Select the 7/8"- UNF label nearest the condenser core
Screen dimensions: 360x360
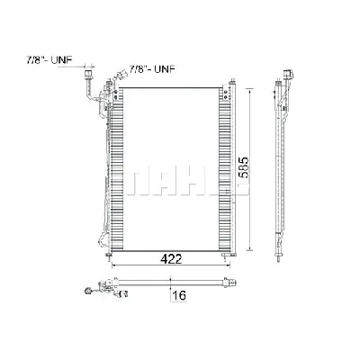pyautogui.click(x=152, y=68)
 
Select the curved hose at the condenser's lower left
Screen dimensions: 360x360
pyautogui.click(x=97, y=236)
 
